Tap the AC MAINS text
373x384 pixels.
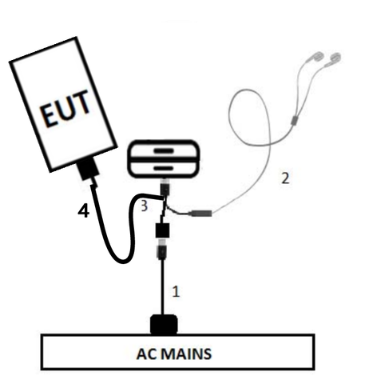point(174,354)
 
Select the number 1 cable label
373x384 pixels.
point(176,291)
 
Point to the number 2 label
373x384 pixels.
point(285,178)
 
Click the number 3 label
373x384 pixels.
point(144,206)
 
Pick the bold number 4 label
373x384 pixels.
point(84,211)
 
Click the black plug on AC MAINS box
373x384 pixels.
point(164,324)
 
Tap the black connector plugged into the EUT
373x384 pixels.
point(87,170)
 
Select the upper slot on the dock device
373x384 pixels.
point(163,151)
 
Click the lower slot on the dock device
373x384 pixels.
point(163,168)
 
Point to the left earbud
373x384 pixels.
point(317,57)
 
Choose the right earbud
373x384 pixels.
point(335,58)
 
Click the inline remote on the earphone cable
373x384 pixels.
point(294,120)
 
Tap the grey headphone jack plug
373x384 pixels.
point(200,213)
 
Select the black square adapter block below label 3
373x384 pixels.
point(162,230)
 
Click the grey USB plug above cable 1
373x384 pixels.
point(162,249)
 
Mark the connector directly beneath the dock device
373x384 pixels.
point(165,187)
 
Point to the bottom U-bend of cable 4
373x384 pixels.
point(123,261)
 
